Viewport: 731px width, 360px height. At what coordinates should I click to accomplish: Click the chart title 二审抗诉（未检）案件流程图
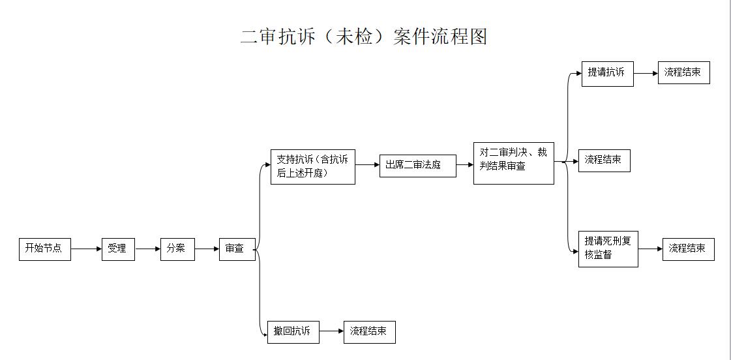pyautogui.click(x=364, y=37)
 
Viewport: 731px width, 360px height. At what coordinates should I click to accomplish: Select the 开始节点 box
pyautogui.click(x=45, y=249)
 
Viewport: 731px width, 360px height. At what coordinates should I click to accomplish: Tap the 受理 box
pyautogui.click(x=119, y=249)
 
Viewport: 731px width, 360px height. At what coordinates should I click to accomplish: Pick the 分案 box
pyautogui.click(x=177, y=249)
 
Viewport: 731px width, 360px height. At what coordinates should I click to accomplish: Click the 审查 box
pyautogui.click(x=237, y=249)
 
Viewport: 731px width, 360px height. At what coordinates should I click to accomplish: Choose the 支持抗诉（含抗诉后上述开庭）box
pyautogui.click(x=313, y=166)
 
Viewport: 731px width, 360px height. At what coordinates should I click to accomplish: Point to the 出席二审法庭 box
pyautogui.click(x=418, y=166)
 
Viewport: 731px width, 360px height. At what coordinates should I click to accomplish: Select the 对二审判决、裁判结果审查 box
pyautogui.click(x=514, y=163)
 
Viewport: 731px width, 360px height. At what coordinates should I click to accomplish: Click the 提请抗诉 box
pyautogui.click(x=608, y=74)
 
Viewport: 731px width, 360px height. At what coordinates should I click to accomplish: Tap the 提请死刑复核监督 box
pyautogui.click(x=608, y=249)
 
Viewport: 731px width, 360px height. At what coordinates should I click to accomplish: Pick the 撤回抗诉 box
pyautogui.click(x=293, y=332)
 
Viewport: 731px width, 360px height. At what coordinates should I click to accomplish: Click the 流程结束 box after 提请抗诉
pyautogui.click(x=684, y=73)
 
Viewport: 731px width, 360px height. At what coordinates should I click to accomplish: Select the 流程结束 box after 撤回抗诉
pyautogui.click(x=370, y=332)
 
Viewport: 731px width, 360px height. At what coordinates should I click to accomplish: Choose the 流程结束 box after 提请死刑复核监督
pyautogui.click(x=689, y=249)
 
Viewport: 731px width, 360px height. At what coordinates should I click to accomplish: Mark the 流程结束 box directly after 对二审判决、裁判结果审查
pyautogui.click(x=604, y=160)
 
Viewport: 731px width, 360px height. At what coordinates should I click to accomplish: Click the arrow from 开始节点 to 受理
pyautogui.click(x=86, y=249)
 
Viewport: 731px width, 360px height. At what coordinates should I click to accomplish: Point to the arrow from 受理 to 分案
pyautogui.click(x=148, y=249)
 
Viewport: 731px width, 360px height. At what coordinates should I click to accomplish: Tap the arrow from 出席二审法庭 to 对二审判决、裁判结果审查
pyautogui.click(x=465, y=164)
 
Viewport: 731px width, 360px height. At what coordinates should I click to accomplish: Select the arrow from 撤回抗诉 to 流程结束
pyautogui.click(x=331, y=331)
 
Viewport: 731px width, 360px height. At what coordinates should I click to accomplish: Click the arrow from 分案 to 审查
pyautogui.click(x=207, y=249)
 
